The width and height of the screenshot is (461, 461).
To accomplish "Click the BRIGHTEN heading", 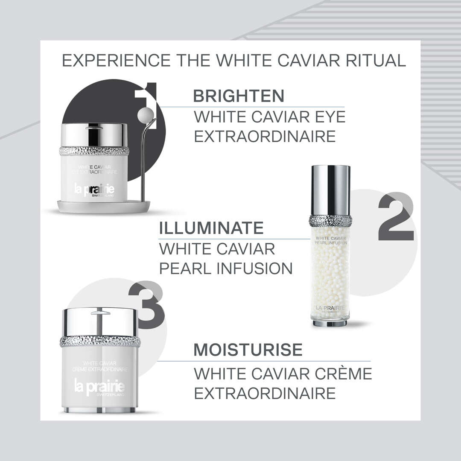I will coord(238,96).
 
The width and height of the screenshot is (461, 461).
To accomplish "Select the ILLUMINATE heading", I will coord(211,228).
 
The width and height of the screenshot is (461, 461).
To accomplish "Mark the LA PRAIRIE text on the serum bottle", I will coord(330,308).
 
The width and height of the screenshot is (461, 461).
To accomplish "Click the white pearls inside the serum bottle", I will coord(330,273).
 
